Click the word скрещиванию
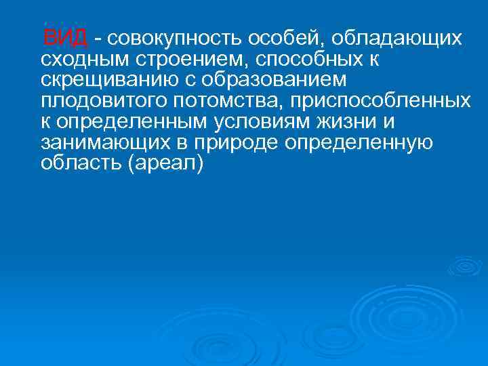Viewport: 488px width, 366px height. [x=103, y=79]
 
